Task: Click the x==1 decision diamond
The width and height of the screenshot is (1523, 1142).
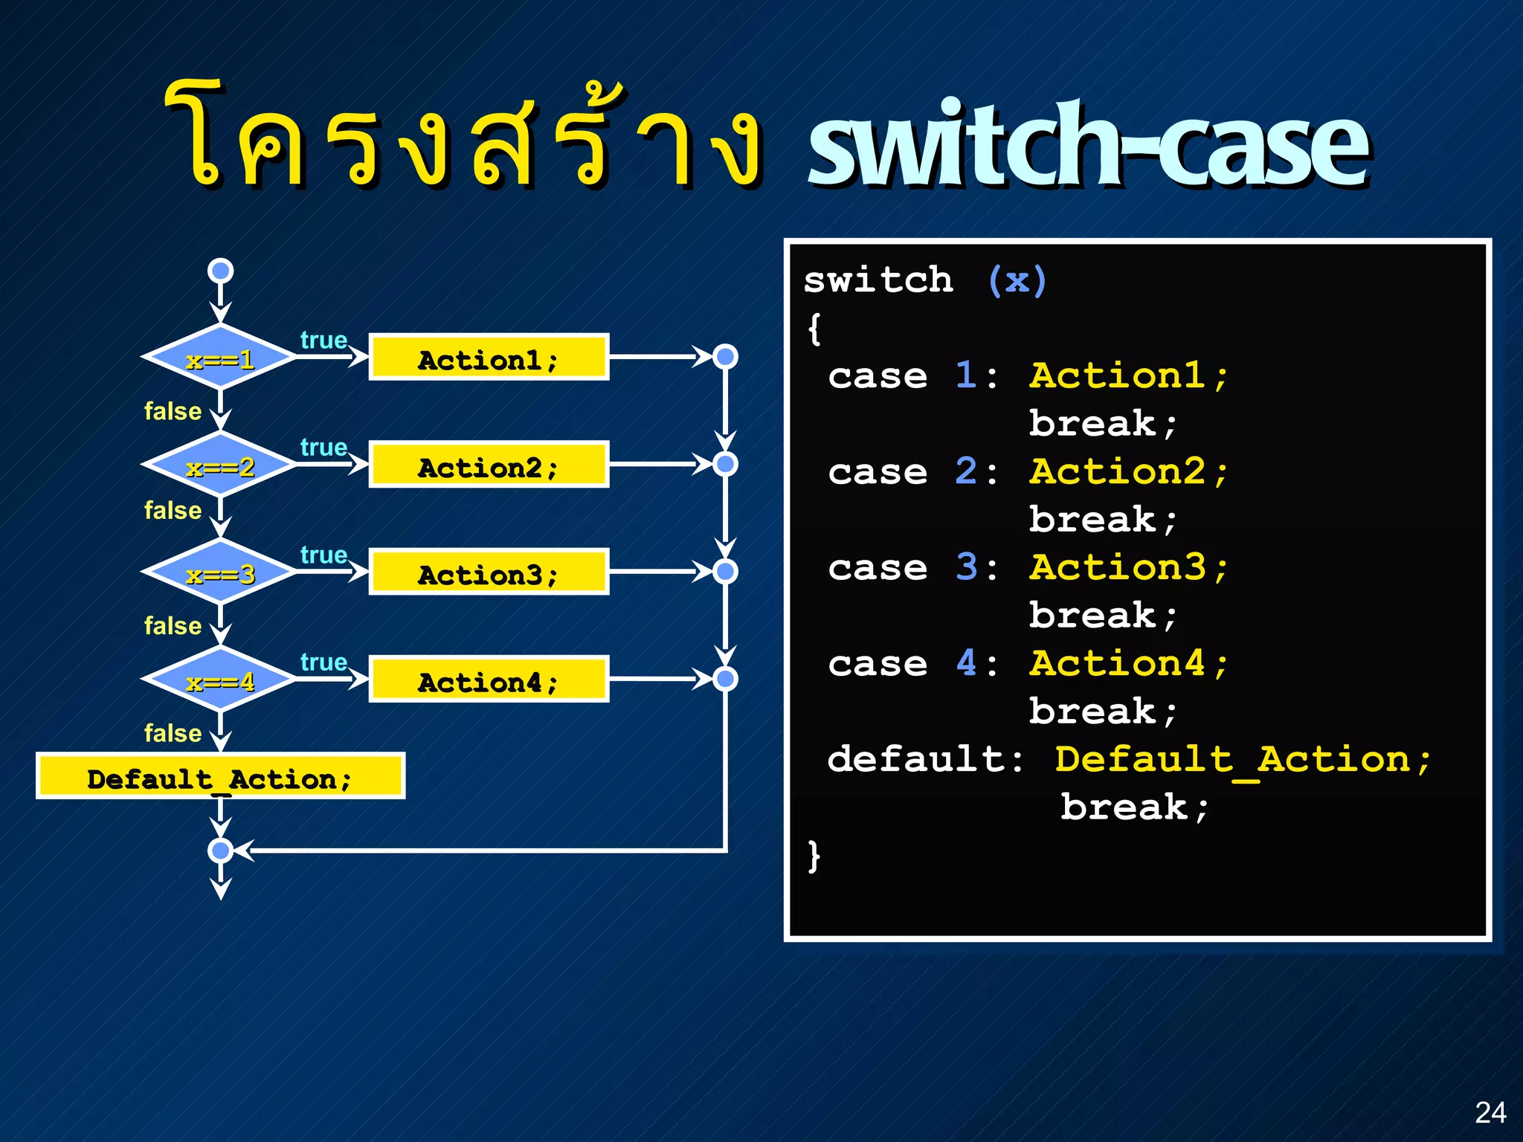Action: point(220,358)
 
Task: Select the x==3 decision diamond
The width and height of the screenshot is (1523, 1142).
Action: point(220,572)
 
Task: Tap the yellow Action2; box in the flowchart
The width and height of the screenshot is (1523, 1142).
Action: point(489,465)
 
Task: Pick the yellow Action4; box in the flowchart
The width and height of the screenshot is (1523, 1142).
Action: point(489,680)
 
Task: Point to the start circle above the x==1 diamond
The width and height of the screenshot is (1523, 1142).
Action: point(220,271)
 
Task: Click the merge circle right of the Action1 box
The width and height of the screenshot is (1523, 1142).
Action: point(725,357)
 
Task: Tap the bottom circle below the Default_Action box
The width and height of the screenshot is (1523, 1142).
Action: point(220,850)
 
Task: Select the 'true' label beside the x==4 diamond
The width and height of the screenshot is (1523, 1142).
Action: point(323,662)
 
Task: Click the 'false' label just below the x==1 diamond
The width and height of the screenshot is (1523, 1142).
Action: point(173,411)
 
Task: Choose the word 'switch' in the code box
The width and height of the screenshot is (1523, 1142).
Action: point(878,281)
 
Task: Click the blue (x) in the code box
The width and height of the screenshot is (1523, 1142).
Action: point(1017,281)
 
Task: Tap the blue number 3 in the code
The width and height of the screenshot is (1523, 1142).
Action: point(966,567)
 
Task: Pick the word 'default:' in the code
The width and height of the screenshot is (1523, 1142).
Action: point(926,759)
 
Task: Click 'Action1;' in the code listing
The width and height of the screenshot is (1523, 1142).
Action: point(1128,375)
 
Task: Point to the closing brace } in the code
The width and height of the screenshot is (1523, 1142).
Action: point(814,856)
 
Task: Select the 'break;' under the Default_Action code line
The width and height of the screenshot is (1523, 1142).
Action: point(1134,807)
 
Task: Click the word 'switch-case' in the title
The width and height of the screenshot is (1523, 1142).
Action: point(1087,145)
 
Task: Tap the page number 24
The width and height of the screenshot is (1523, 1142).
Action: point(1490,1112)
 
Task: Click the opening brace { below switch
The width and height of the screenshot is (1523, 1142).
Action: point(814,329)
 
